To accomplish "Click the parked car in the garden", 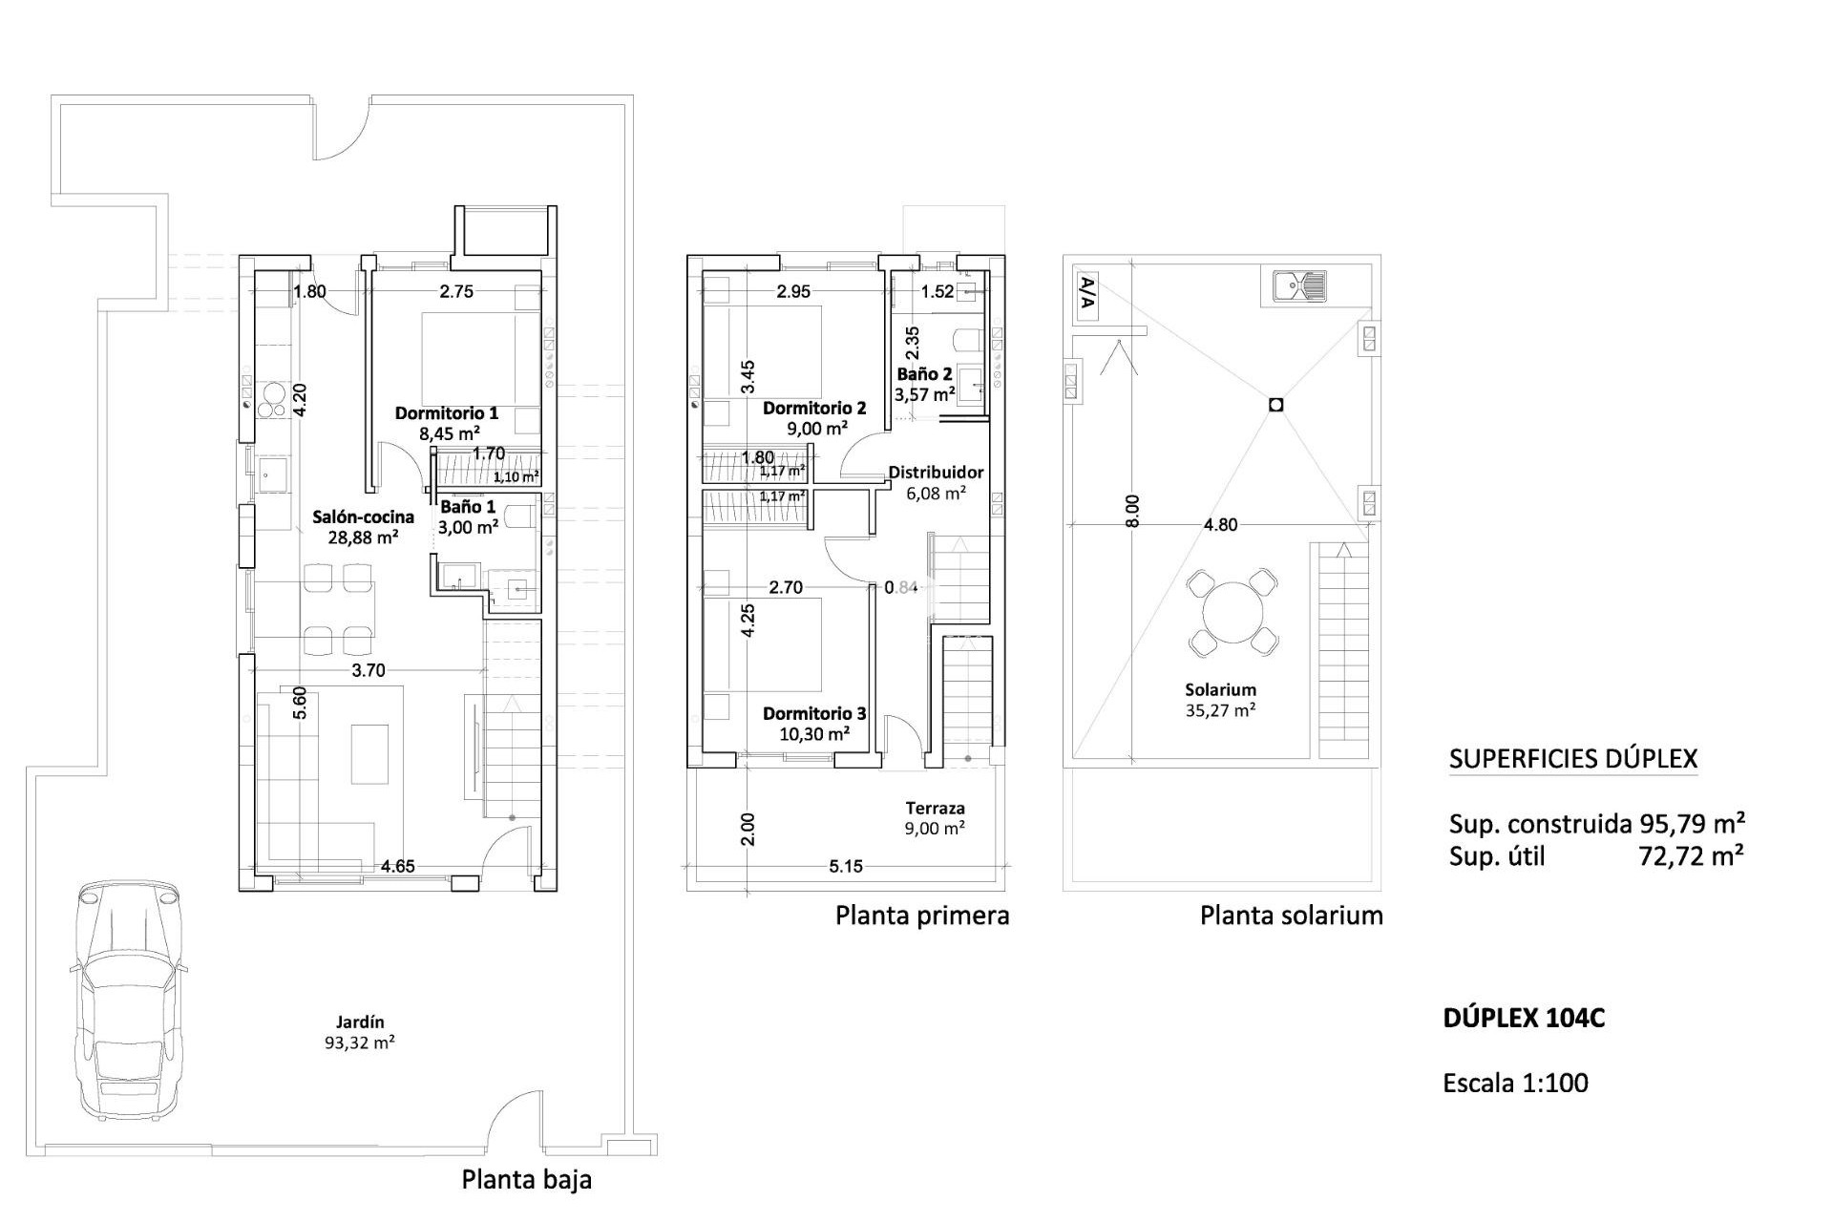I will tap(126, 998).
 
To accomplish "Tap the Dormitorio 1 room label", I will tap(447, 413).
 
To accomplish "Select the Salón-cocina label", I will tap(364, 517).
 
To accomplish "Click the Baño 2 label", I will tap(924, 374).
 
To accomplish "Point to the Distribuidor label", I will tap(936, 473).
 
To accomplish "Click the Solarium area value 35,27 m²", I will tap(1220, 710).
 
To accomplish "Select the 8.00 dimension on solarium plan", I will tap(1132, 511).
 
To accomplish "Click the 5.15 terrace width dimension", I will tap(846, 867).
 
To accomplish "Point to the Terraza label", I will tap(935, 808).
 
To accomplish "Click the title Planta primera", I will tap(922, 916).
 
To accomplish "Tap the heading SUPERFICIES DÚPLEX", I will tap(1573, 760).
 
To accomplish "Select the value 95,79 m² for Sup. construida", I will tap(1693, 824).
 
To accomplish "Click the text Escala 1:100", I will tap(1515, 1084).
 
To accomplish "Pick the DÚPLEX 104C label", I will tap(1524, 1019).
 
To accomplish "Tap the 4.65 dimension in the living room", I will tap(397, 867).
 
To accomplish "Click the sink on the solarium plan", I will tap(1299, 285).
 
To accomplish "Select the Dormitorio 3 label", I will tap(814, 713).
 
